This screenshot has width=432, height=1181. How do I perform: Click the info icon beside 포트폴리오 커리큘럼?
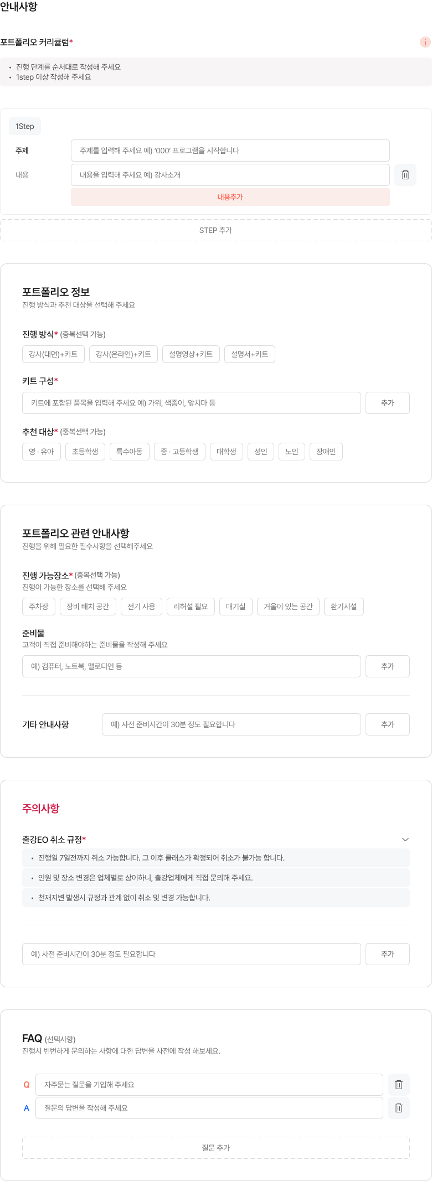pos(425,42)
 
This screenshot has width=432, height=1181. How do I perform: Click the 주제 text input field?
pos(230,151)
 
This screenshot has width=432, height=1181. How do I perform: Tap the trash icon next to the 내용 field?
pos(405,175)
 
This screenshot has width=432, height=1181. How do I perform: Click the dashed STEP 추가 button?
pos(216,230)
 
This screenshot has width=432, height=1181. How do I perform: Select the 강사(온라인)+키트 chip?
pos(124,354)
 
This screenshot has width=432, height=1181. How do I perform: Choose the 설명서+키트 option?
pos(250,354)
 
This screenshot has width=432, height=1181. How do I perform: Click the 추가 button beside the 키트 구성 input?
pos(388,403)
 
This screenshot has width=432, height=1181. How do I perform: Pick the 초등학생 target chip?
pos(85,452)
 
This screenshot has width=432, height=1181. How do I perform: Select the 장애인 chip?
pos(326,452)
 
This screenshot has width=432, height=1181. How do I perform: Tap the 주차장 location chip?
pos(39,607)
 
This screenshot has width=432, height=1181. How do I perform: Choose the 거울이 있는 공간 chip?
pos(288,607)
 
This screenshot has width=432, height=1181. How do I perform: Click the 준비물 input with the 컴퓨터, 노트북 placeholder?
pos(192,666)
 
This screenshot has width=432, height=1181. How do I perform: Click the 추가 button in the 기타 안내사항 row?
pos(388,724)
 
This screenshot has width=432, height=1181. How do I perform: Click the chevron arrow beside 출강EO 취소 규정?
pos(405,840)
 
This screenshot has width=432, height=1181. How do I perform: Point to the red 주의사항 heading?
pos(41,809)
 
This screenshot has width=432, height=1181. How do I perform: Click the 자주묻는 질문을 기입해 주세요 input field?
pos(209,1085)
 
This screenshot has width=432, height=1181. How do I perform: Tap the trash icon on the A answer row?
pos(399,1108)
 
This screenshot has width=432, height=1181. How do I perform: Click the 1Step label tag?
pos(25,126)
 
